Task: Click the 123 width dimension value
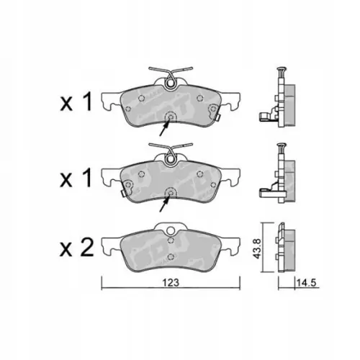coord(171,283)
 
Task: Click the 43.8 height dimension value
coord(257,248)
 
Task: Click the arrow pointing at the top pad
coord(164,127)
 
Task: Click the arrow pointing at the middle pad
coord(164,204)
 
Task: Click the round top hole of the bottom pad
coord(171,231)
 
